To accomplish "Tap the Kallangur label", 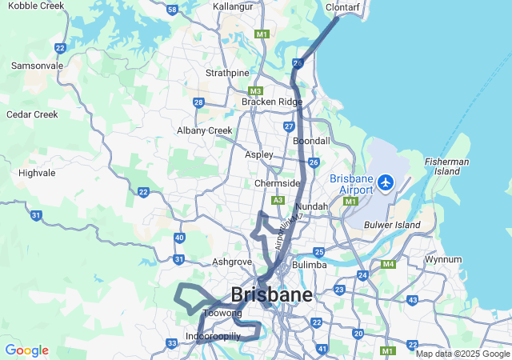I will point(234,6).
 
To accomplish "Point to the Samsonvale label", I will point(37,65).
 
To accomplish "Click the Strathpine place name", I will point(227,73).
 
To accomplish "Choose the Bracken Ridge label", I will point(272,102).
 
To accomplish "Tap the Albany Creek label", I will point(205,130).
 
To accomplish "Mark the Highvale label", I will point(37,172).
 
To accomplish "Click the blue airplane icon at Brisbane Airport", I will point(387,183).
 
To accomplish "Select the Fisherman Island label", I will point(447,166).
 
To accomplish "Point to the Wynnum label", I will point(443,259).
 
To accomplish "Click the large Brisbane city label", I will point(272,294).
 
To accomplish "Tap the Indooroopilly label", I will point(212,336).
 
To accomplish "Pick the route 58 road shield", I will point(174,10).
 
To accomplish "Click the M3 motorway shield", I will point(256,90).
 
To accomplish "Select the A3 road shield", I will point(278,200).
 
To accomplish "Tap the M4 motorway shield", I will point(389,264).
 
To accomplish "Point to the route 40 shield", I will point(179,238).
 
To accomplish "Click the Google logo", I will point(26,350).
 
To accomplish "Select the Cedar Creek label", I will point(32,114).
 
